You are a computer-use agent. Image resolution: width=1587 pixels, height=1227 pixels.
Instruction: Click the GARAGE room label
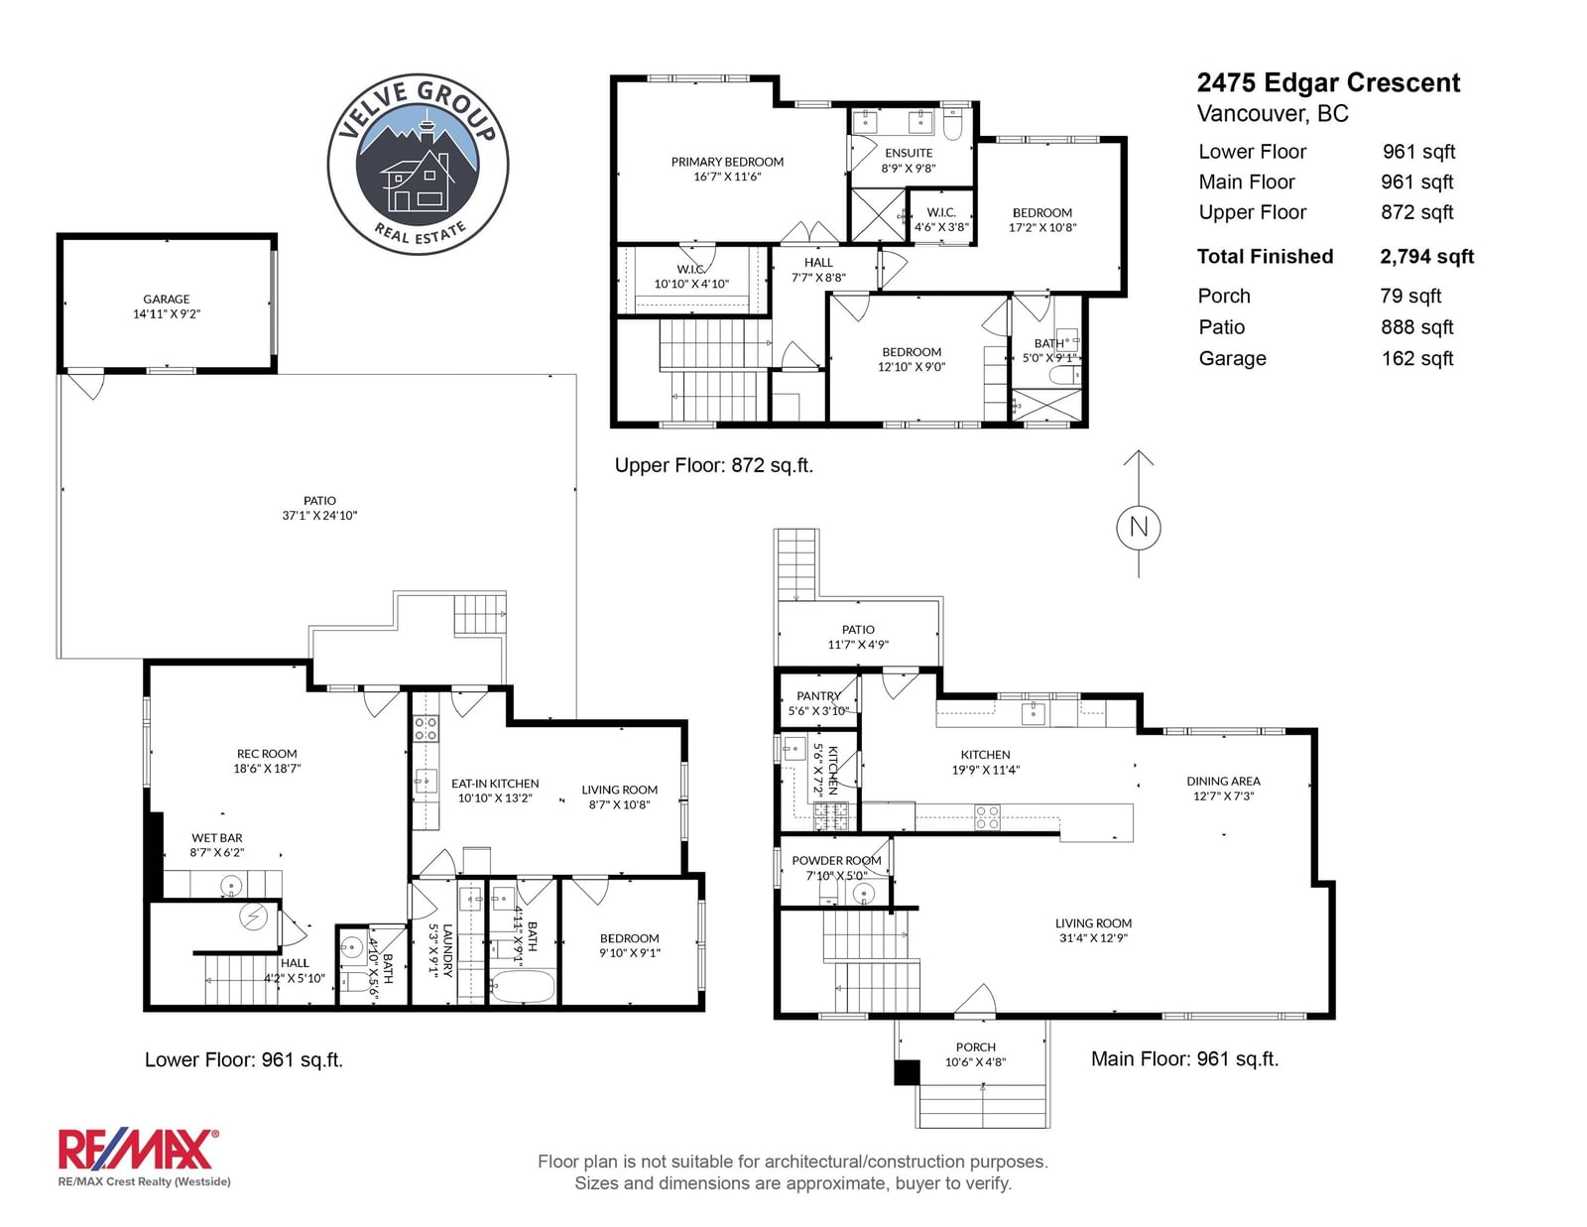point(167,299)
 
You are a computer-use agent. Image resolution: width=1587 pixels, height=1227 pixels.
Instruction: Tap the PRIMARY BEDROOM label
point(727,162)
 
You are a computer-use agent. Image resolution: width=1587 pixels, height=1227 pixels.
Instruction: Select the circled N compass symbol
point(1138,527)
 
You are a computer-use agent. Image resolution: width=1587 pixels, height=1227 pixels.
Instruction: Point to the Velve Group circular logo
point(418,164)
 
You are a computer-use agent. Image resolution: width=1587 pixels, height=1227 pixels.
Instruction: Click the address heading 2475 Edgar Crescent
point(1328,82)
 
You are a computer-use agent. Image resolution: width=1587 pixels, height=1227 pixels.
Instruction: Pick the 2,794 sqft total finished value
point(1426,256)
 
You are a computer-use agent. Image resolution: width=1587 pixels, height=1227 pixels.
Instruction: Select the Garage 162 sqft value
point(1416,359)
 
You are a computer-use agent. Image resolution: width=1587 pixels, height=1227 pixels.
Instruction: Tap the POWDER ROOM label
point(836,860)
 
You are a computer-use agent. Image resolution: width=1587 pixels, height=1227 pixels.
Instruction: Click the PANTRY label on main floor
point(818,696)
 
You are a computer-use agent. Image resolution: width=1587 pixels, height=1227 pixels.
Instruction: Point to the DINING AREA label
point(1223,781)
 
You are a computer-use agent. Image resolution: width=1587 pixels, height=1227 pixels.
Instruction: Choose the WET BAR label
point(217,838)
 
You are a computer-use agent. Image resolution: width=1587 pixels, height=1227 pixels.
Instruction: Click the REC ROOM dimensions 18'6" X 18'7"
point(267,769)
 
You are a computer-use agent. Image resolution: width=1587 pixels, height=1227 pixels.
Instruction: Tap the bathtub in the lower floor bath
point(522,986)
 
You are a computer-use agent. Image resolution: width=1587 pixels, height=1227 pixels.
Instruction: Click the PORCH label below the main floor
point(976,1047)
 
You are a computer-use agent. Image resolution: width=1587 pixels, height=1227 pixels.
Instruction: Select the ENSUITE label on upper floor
point(909,153)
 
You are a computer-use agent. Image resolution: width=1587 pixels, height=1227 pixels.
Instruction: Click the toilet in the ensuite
point(952,125)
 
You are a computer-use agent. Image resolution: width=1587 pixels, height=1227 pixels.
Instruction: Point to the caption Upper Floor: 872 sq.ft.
point(713,465)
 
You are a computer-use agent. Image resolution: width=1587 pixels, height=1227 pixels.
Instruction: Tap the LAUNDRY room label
point(447,950)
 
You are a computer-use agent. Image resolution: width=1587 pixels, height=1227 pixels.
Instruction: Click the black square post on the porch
point(907,1072)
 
